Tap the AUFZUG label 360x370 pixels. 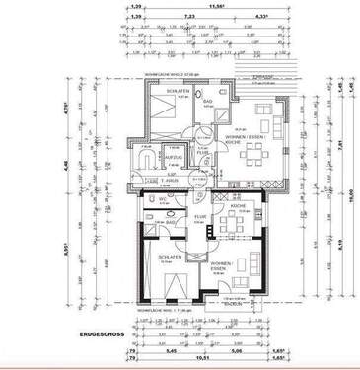click(175, 158)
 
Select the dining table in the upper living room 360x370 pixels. click(257, 152)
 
